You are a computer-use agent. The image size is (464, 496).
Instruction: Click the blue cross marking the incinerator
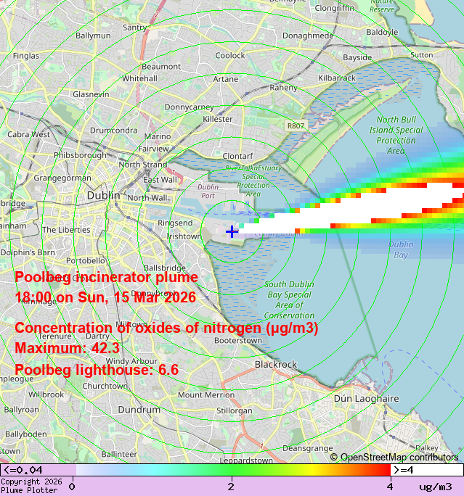point(232,231)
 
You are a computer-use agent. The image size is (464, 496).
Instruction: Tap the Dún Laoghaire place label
point(366,399)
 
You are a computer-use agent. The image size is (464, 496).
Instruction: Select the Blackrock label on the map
point(276,364)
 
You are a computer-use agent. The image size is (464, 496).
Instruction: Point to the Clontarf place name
point(237,156)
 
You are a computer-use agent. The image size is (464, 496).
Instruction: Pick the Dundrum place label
point(139,410)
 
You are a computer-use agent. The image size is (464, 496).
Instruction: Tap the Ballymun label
point(93,35)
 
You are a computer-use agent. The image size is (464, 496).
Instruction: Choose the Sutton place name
point(421,54)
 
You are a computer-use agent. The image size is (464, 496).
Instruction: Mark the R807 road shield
point(296,125)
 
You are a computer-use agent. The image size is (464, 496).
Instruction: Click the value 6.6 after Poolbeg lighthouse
point(168,370)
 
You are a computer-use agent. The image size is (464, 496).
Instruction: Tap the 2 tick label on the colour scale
point(231,486)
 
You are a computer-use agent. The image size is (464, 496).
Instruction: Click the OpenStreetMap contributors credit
point(394,457)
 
